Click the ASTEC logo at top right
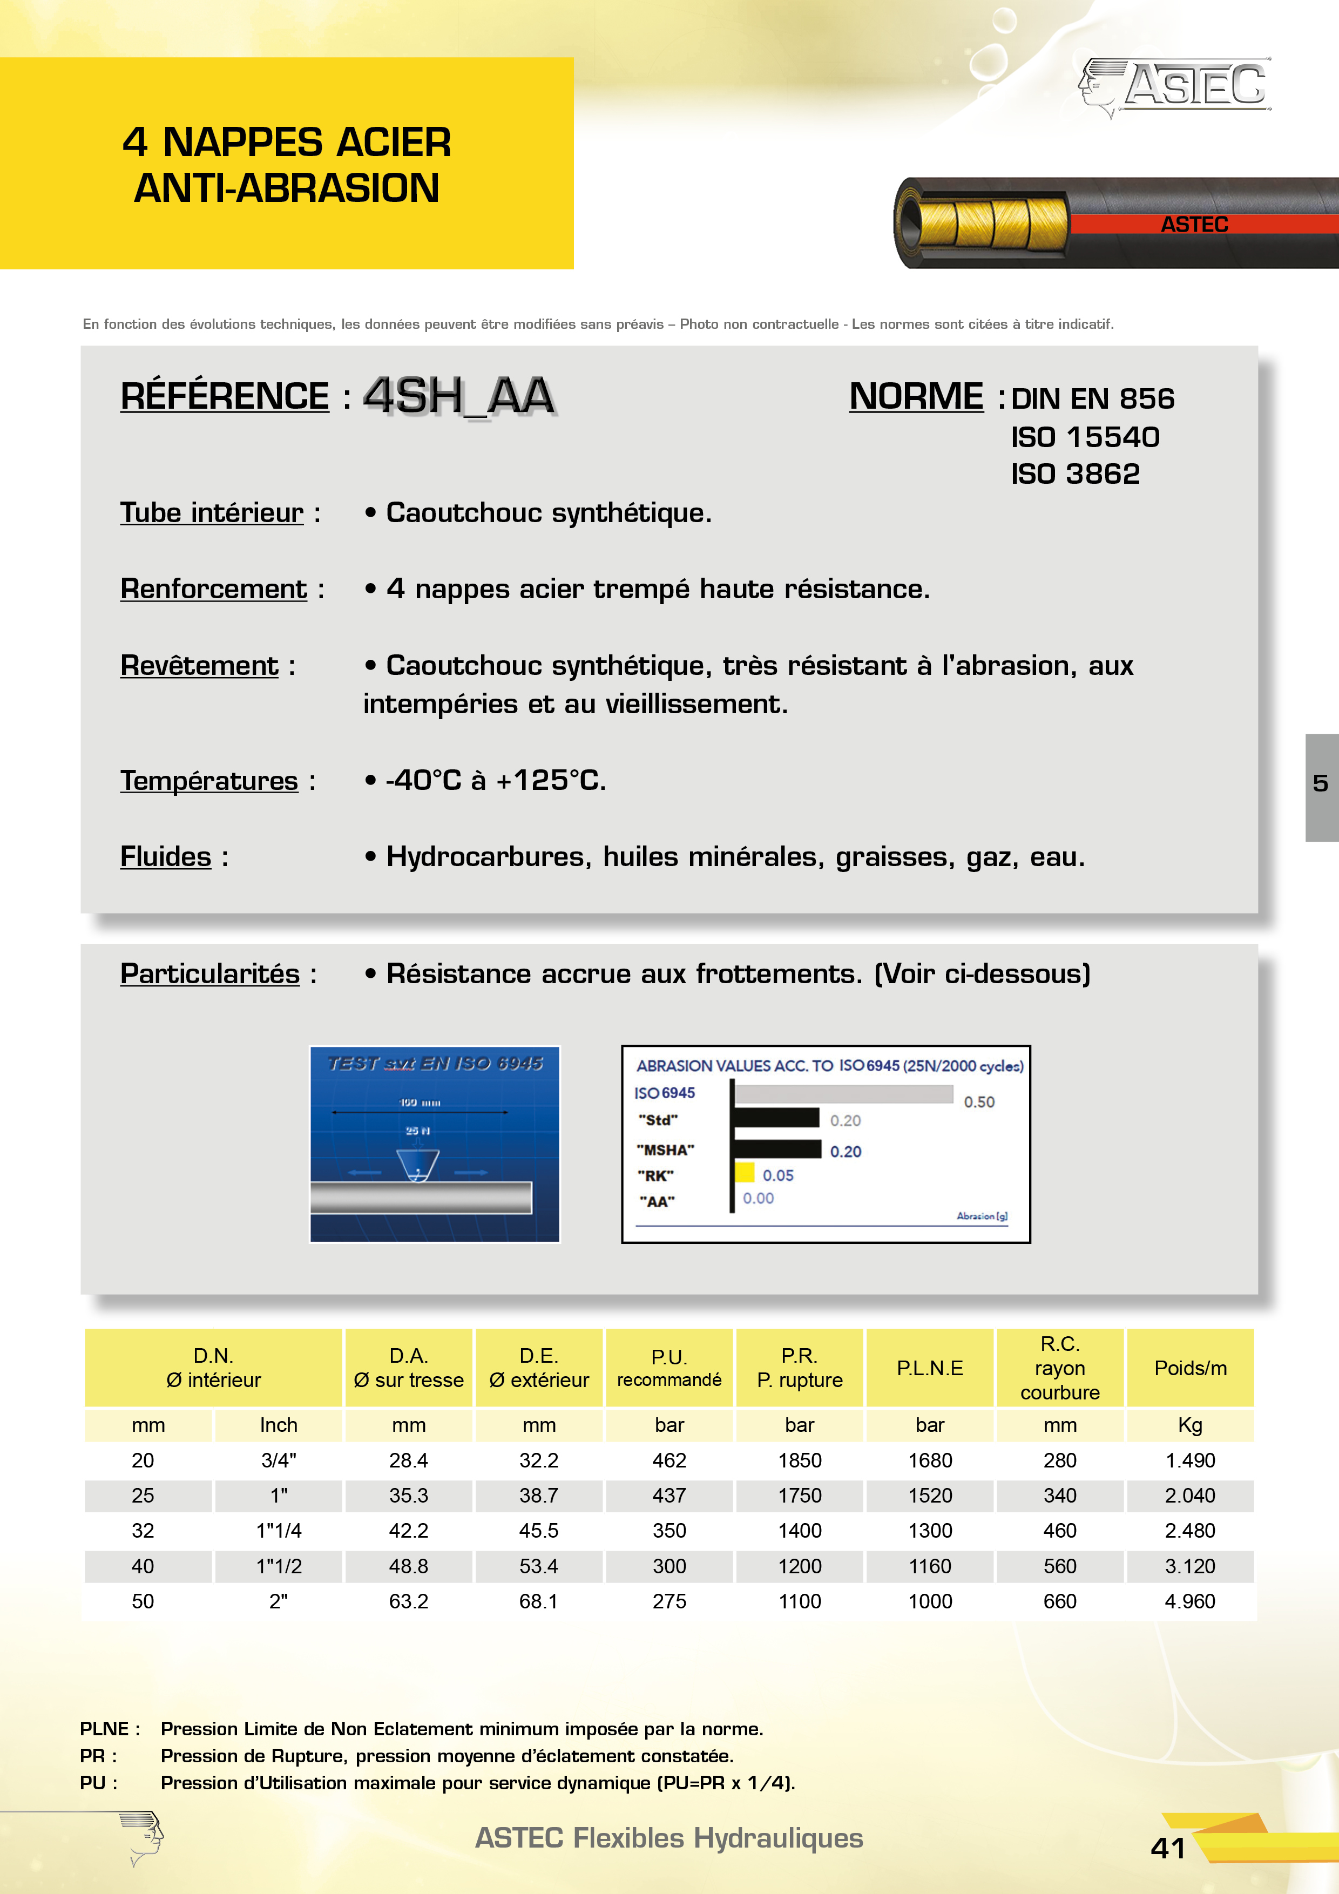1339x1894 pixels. tap(1175, 86)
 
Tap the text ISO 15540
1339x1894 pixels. tap(1085, 436)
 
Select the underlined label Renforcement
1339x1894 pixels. tap(214, 589)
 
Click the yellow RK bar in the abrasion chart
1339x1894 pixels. tap(745, 1172)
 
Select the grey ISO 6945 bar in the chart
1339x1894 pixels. tap(843, 1094)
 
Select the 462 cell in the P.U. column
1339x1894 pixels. tap(669, 1460)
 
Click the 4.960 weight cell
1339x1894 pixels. tap(1189, 1601)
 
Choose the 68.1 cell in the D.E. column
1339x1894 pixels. tap(539, 1601)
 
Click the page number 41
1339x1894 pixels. tap(1167, 1848)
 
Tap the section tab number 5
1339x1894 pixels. tap(1320, 783)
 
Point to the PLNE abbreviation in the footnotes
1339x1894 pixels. tap(104, 1728)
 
